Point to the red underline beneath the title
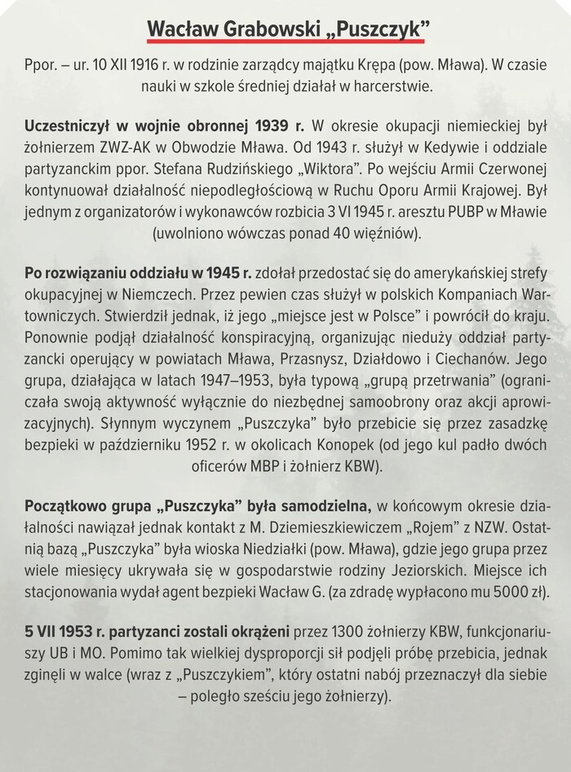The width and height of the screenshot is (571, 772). pos(285,41)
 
